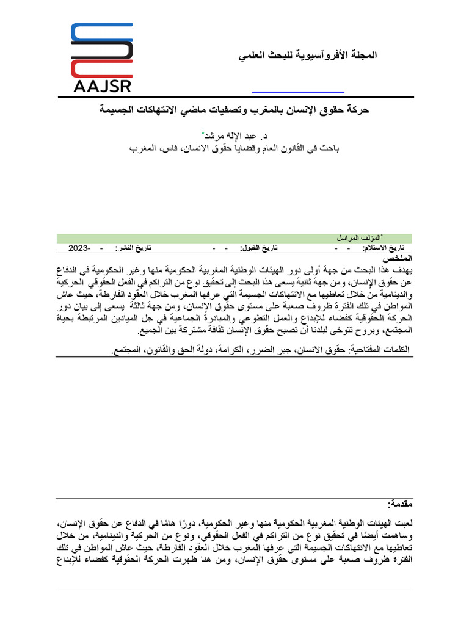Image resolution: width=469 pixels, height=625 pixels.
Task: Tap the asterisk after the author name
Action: pos(203,132)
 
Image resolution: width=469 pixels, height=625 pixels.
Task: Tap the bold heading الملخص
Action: pos(399,258)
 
